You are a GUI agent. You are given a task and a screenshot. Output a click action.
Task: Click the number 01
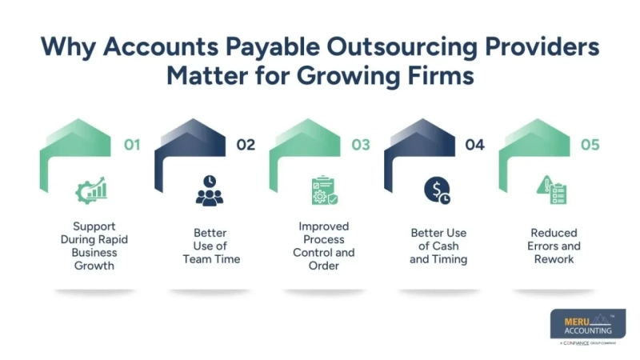[x=131, y=145]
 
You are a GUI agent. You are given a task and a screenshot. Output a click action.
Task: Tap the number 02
[x=246, y=145]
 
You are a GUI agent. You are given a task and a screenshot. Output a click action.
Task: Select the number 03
[x=361, y=145]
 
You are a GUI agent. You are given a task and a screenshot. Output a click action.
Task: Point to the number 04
[x=475, y=145]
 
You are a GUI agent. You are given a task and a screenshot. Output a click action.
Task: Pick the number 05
[x=590, y=145]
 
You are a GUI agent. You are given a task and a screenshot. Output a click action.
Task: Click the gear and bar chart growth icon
[x=91, y=191]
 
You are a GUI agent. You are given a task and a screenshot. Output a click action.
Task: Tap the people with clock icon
[x=210, y=191]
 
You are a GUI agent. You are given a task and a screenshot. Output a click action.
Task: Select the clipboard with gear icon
[x=323, y=191]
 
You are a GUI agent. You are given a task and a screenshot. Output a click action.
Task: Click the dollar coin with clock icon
[x=437, y=191]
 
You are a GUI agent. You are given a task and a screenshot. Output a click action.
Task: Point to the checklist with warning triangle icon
[x=551, y=191]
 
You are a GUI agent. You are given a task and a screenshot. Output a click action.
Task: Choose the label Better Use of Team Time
[x=210, y=246]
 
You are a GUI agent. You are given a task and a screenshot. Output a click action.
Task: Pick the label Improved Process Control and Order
[x=324, y=246]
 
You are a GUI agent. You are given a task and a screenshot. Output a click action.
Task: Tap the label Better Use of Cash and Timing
[x=438, y=246]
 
